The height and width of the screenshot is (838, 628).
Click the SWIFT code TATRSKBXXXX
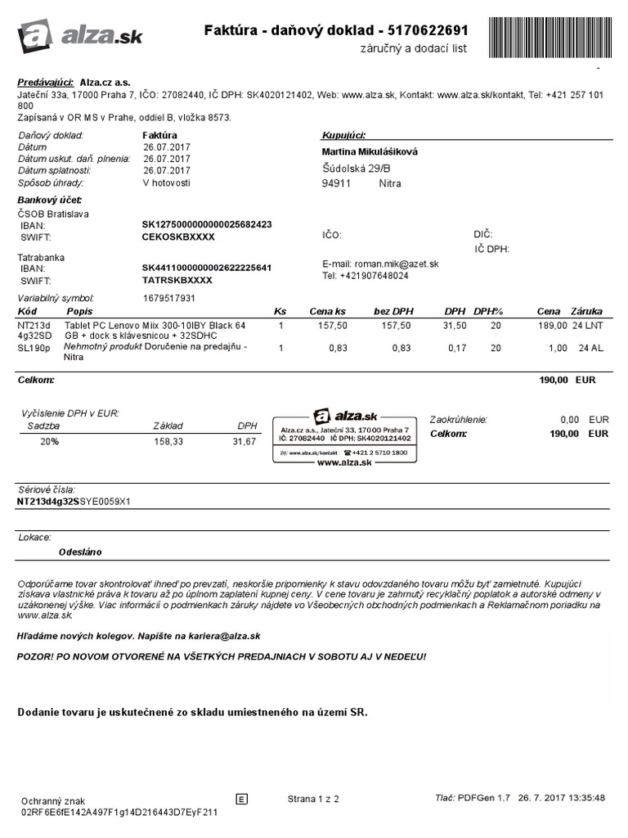177,280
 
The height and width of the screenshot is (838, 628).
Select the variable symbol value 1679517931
169,298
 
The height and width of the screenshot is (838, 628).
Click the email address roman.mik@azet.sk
396,264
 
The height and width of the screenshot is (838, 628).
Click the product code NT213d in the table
34,325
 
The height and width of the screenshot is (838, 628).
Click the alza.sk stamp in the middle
344,436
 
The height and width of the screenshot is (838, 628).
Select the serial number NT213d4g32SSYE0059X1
74,501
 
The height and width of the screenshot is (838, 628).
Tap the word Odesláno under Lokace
80,552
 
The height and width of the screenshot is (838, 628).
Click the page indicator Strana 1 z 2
313,798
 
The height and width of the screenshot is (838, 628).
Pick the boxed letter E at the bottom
241,799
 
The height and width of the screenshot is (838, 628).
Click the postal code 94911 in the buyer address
337,183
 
